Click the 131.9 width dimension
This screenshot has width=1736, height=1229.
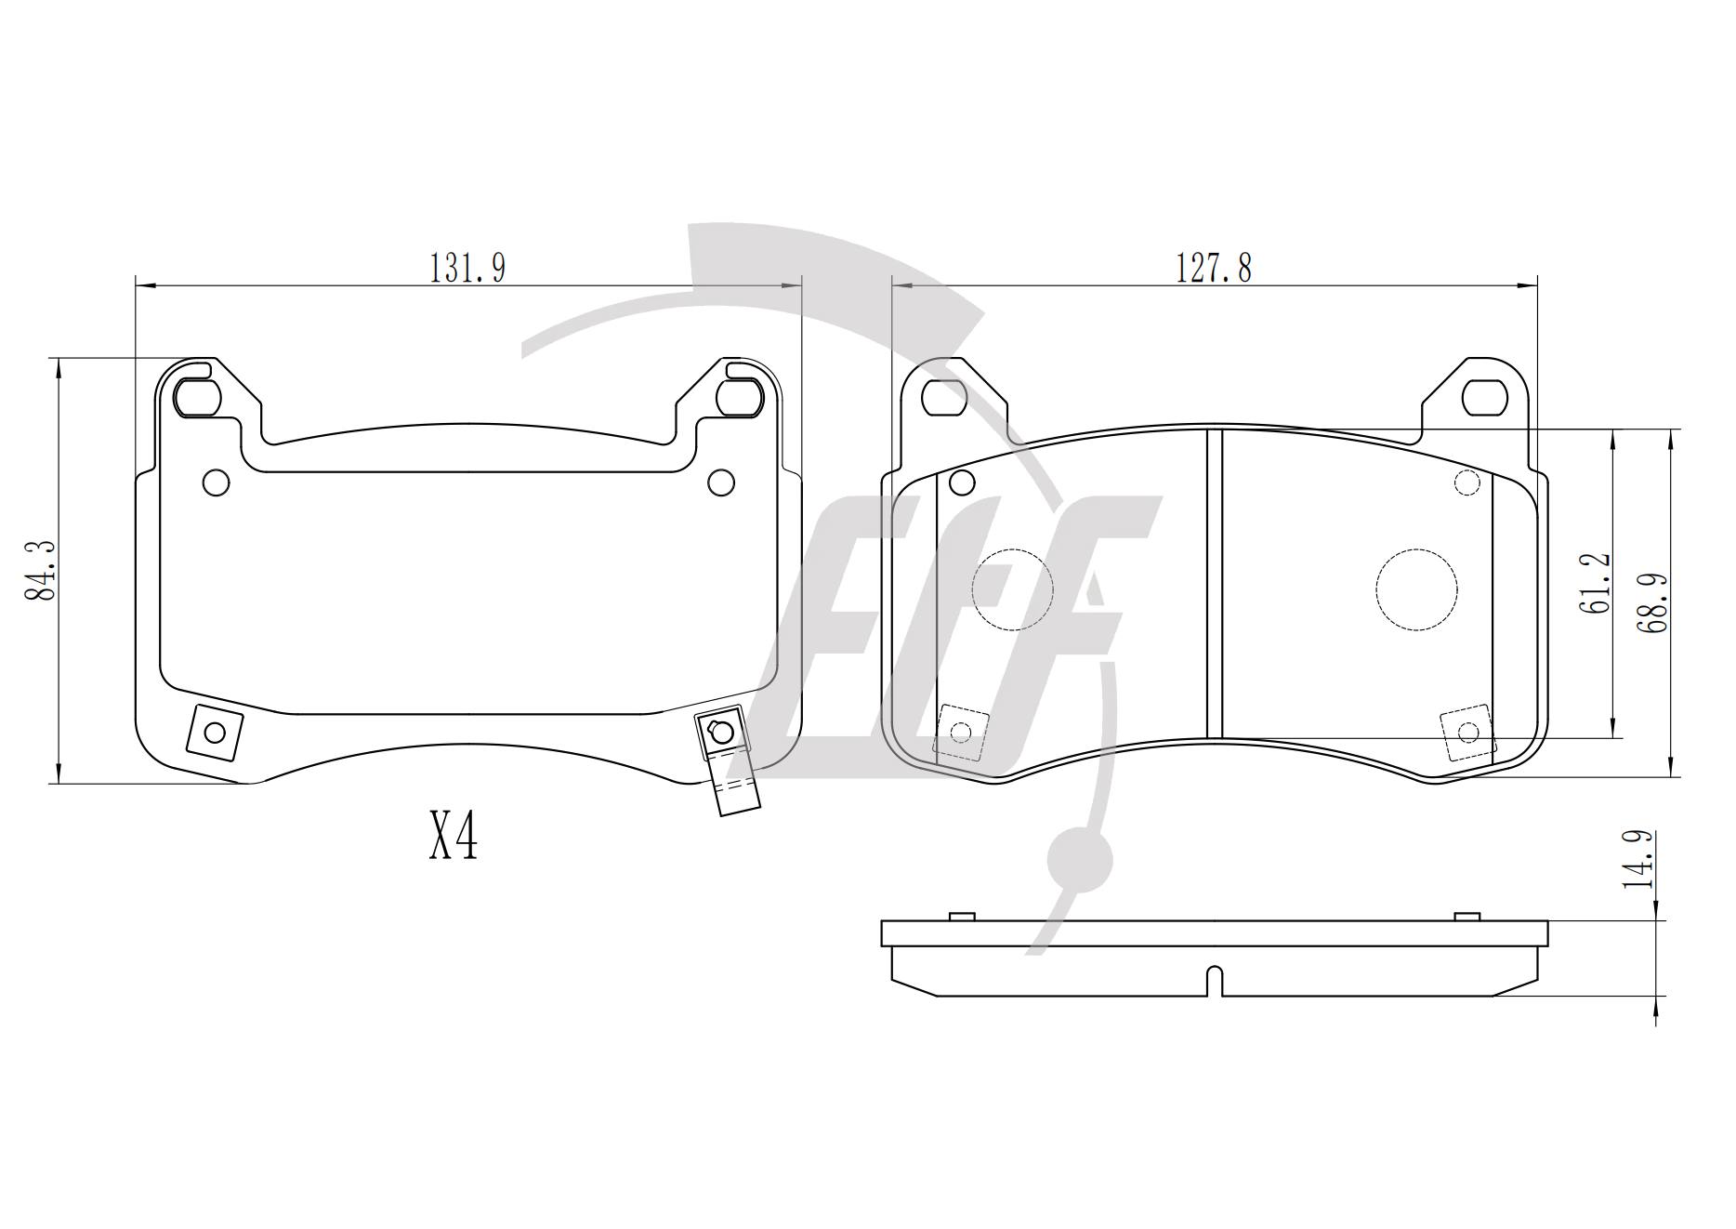[467, 268]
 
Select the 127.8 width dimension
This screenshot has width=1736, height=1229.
[1214, 268]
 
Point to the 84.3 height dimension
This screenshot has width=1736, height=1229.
[42, 570]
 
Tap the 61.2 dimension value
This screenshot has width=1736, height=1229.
[1594, 583]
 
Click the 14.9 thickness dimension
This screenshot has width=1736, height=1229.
[1638, 859]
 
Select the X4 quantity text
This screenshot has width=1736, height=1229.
[453, 834]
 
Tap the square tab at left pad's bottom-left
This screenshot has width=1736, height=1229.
[215, 733]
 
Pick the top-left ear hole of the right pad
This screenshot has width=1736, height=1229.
[944, 398]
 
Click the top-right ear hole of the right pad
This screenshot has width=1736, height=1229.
[1484, 398]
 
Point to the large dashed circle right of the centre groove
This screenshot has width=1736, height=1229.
[1416, 589]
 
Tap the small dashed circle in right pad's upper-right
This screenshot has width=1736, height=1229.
[1467, 483]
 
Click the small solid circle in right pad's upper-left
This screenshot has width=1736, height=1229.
[962, 482]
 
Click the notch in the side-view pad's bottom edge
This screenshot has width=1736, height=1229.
[1214, 982]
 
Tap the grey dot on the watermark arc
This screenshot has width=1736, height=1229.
[1080, 860]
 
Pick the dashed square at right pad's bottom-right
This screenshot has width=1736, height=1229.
[1468, 733]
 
